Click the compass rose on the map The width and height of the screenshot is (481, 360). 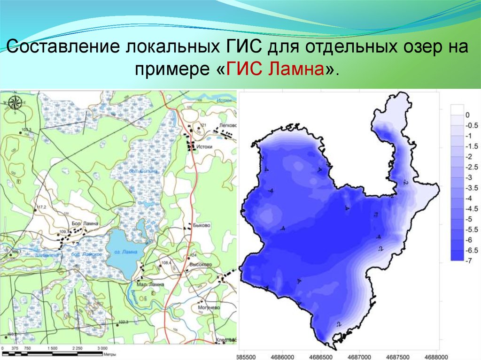click(14, 102)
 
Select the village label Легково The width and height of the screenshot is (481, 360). click(228, 125)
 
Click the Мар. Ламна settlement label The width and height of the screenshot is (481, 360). click(150, 284)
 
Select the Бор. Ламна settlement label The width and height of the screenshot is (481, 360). click(85, 224)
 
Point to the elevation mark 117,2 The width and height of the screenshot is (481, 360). click(41, 207)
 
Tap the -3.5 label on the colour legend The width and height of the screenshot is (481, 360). click(469, 187)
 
